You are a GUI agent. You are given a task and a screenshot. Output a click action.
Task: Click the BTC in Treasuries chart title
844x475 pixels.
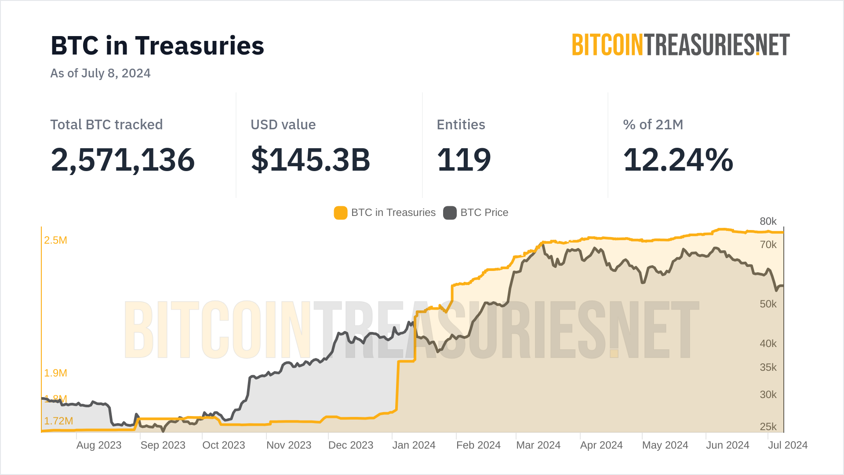point(157,46)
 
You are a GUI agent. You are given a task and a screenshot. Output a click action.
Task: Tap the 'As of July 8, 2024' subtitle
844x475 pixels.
point(100,73)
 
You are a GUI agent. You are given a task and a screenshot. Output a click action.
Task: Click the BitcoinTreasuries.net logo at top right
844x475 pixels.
point(680,45)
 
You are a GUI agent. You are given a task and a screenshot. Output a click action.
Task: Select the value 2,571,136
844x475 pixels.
point(123,160)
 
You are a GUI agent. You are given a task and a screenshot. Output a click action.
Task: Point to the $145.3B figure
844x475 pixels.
point(310,160)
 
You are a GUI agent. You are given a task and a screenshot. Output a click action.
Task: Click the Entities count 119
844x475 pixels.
point(464,160)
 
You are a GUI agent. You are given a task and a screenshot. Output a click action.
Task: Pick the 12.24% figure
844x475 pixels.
point(678,160)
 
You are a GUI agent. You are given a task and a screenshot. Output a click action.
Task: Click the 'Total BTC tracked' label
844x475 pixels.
point(106,125)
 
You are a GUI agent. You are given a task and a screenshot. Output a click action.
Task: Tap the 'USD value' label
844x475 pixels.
point(283,125)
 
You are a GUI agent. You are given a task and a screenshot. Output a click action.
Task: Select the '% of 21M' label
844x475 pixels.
point(653,125)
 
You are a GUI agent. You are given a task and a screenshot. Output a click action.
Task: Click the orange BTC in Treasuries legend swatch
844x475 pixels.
point(341,213)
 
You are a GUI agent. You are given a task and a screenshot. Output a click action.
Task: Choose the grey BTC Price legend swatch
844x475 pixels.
point(450,213)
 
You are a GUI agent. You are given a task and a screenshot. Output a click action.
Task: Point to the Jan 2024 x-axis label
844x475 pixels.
point(414,445)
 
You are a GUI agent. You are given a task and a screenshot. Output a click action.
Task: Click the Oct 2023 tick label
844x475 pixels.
point(223,445)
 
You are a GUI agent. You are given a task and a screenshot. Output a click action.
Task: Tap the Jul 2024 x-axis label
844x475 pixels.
point(787,445)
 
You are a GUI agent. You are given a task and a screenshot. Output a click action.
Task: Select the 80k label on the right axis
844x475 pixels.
point(768,222)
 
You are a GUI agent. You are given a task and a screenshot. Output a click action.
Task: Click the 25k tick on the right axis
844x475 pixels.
point(768,427)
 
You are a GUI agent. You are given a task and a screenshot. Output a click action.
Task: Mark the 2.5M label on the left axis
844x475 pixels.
point(55,240)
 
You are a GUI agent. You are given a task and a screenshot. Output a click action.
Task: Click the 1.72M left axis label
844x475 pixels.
point(58,421)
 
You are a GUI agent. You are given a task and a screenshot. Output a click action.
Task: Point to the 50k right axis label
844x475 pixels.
point(768,304)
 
